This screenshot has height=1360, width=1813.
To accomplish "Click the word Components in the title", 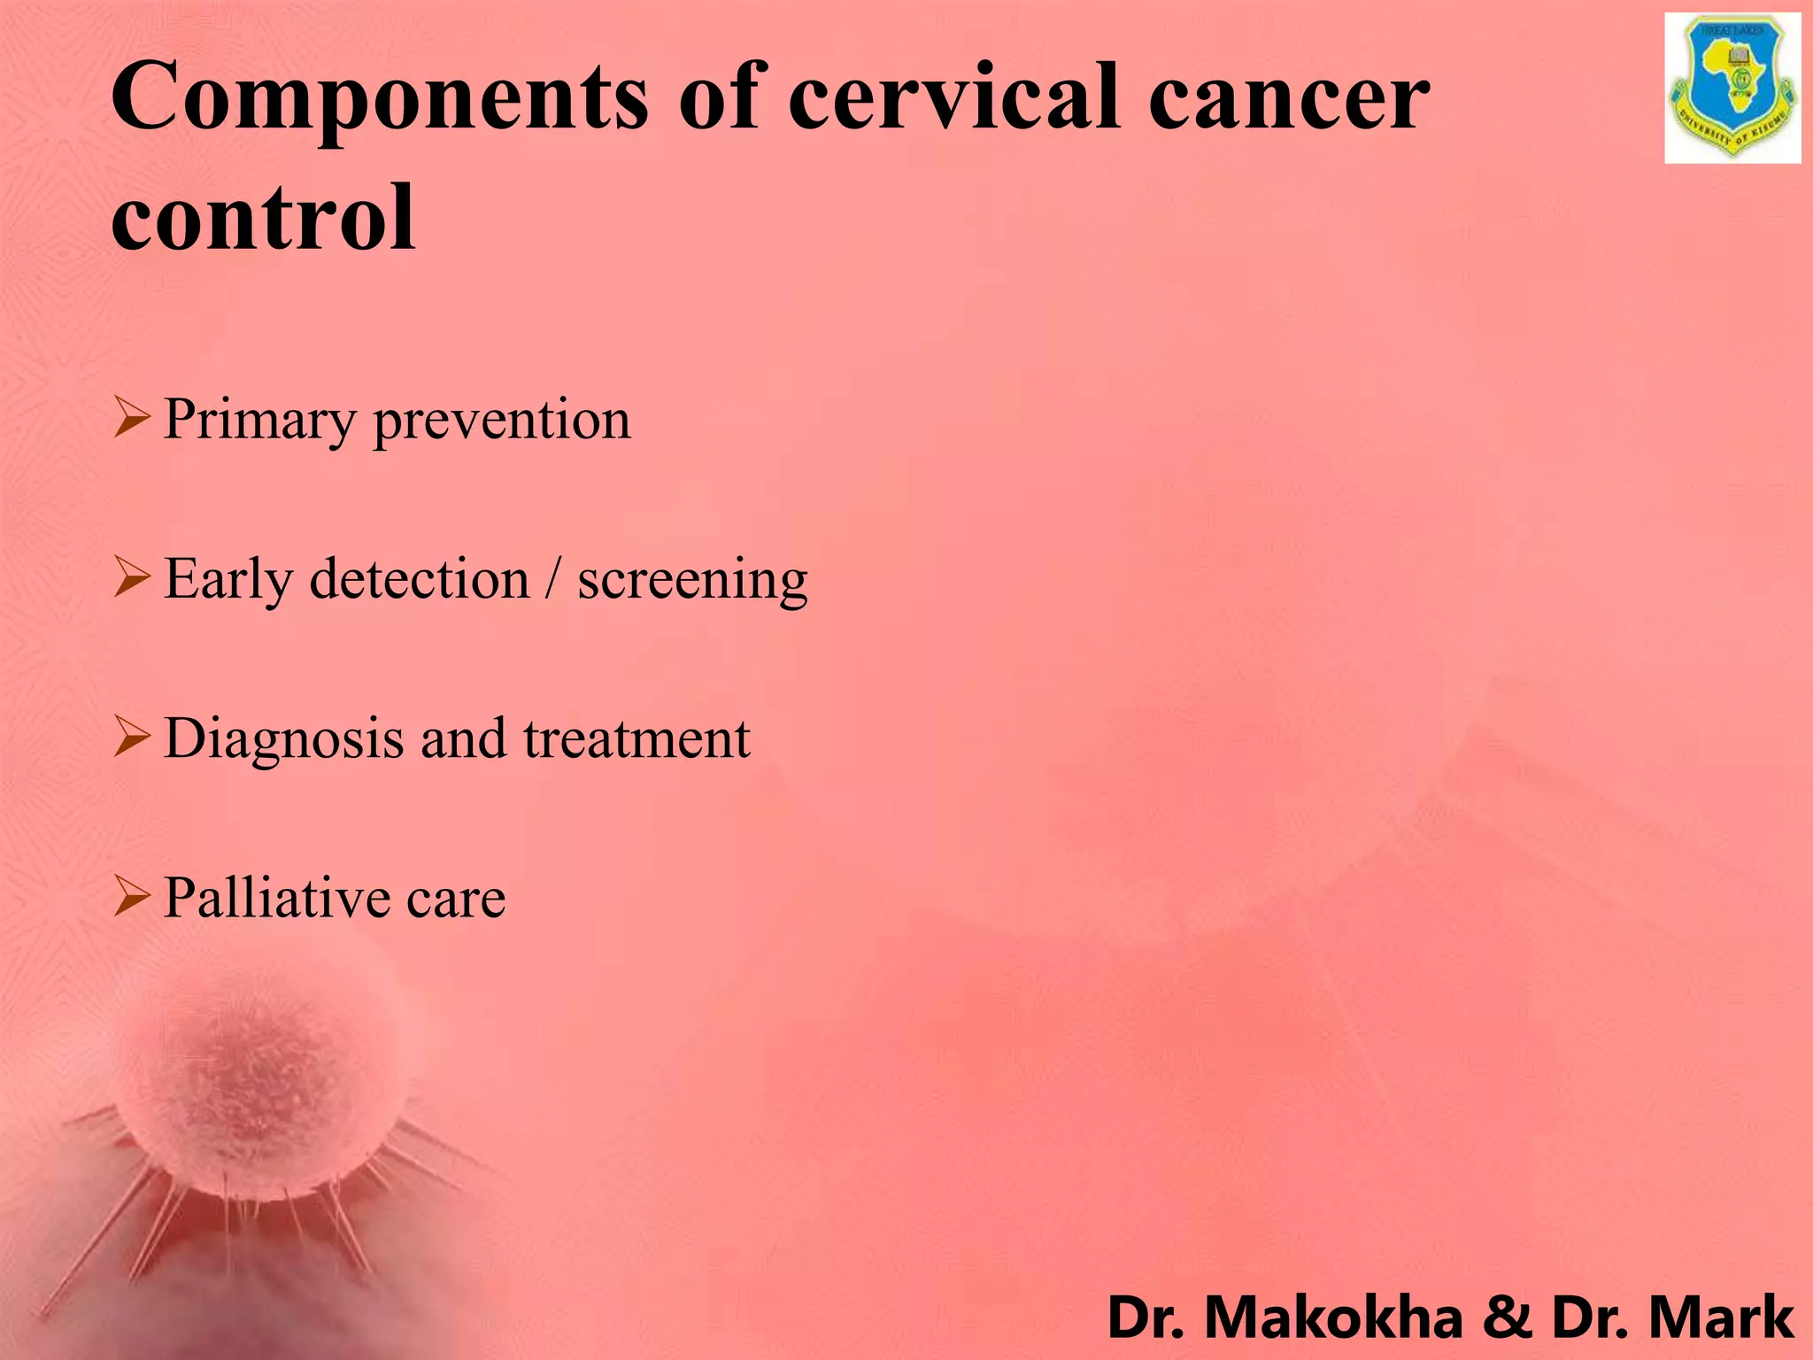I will pos(380,99).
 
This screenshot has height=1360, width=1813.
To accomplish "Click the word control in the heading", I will pos(263,217).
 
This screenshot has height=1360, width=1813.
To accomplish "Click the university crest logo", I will pos(1732,89).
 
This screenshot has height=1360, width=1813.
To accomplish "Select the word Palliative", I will pos(277,898).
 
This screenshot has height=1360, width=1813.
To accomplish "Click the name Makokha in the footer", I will pos(1334,1317).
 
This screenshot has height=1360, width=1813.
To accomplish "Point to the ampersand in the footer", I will pos(1507,1317).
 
